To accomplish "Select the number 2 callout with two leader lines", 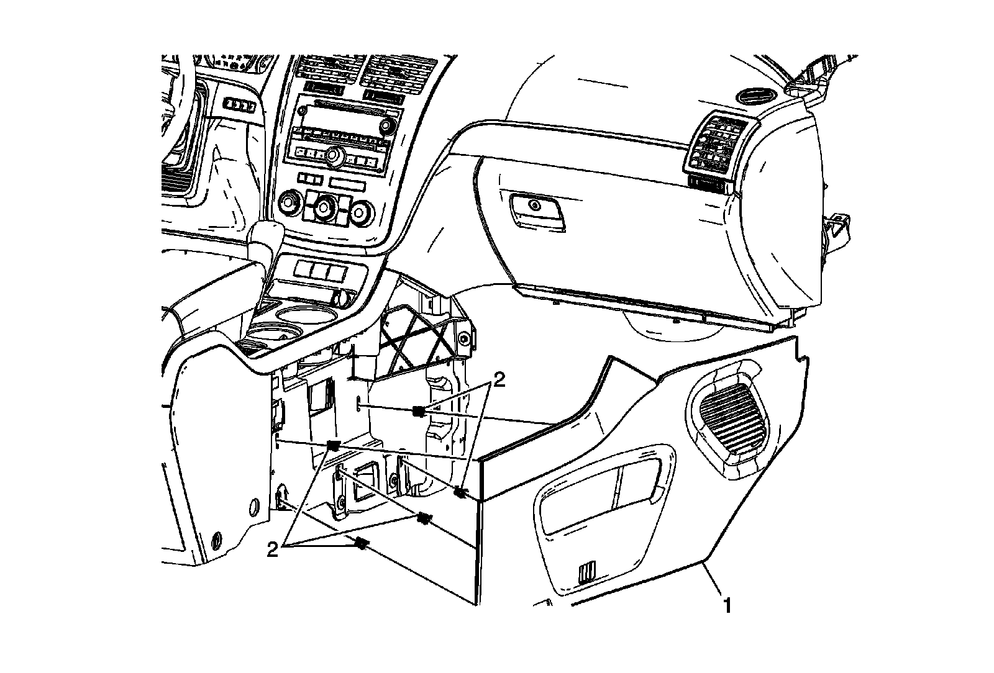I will (x=498, y=379).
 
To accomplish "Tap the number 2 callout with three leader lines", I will (x=272, y=549).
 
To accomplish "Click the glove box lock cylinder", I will (x=534, y=205).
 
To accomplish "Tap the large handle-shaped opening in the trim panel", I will (x=598, y=490).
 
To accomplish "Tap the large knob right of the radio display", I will (x=388, y=125).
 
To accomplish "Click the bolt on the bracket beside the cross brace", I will (x=463, y=338).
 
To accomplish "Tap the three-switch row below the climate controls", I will (x=320, y=271).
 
